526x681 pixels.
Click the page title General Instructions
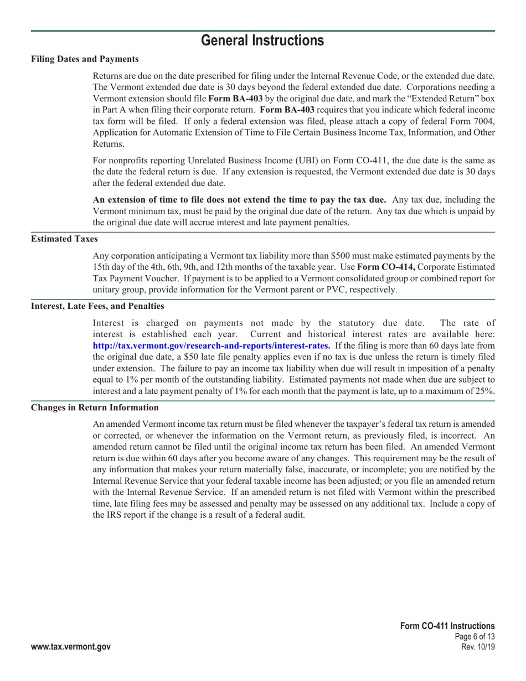pyautogui.click(x=262, y=40)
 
